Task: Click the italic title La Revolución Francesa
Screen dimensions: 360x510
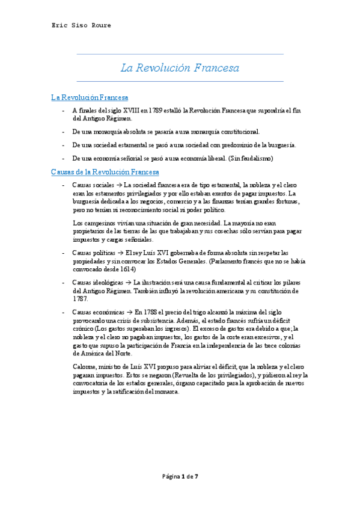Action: tap(180, 68)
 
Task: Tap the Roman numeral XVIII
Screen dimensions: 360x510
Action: tap(129, 111)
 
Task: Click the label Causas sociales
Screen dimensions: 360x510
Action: tap(91, 185)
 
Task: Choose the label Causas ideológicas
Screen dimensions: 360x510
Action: tap(96, 283)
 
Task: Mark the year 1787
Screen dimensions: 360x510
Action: tap(79, 298)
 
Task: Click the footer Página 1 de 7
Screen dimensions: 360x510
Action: tap(180, 478)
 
